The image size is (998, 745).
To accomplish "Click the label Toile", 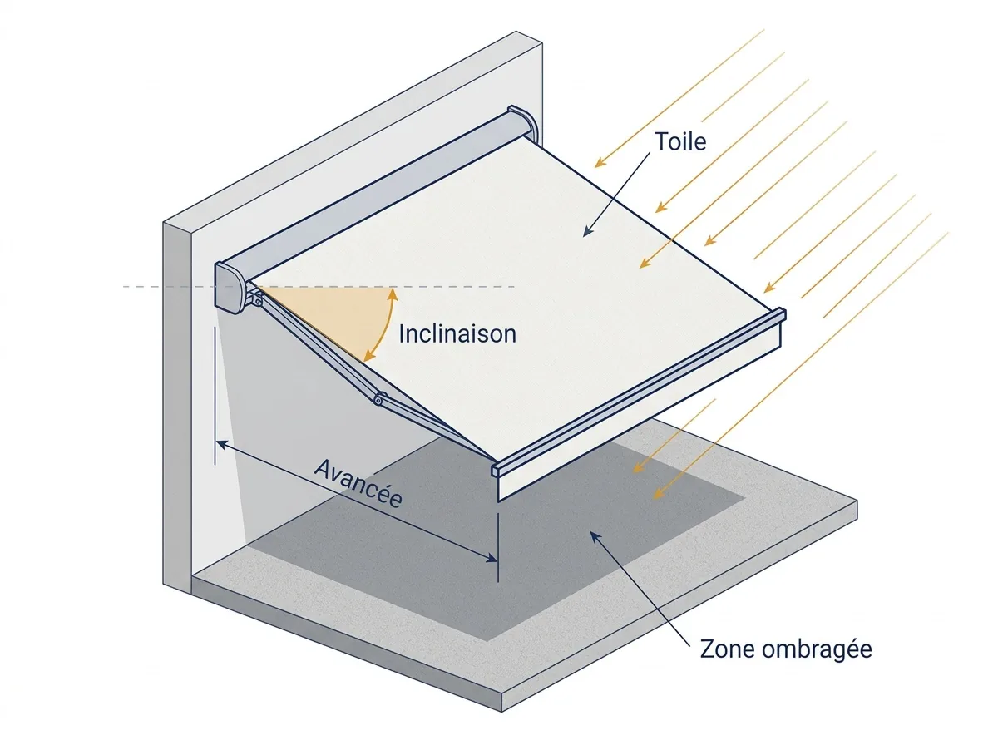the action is (x=680, y=141).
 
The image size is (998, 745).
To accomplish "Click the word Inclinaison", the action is (x=457, y=334).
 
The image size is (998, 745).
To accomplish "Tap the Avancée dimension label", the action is (x=358, y=483).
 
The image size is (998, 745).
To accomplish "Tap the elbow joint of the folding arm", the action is (x=378, y=400).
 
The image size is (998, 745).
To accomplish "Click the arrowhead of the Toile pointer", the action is (x=588, y=231).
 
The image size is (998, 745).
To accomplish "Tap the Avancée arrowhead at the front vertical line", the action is (x=492, y=558).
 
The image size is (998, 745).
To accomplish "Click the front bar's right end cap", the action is (x=782, y=314).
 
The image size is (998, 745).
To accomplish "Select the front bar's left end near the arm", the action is (x=496, y=470).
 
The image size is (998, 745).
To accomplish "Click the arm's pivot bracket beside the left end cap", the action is (x=254, y=298).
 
